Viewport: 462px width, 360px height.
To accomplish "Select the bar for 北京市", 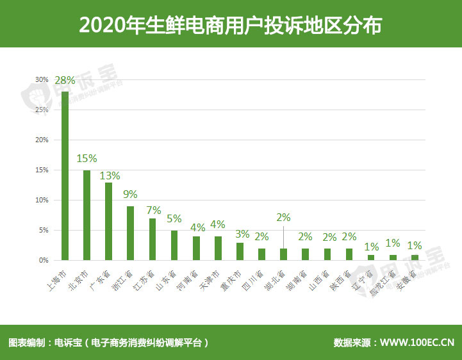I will pos(87,215).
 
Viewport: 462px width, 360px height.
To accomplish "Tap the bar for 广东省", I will pos(108,221).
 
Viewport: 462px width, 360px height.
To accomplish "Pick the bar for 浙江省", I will pos(130,233).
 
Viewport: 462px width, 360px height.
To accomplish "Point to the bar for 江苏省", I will pos(153,239).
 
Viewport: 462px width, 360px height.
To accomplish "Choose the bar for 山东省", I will pos(174,245).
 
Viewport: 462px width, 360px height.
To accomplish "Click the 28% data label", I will pos(65,81).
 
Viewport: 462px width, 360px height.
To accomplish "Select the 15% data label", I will pos(87,158).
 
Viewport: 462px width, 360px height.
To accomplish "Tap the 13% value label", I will pos(109,175).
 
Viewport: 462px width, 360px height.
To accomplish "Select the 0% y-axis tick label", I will pos(43,261).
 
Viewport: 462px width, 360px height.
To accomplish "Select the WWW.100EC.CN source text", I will pos(417,343).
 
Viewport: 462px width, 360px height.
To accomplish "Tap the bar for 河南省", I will pos(196,248).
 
